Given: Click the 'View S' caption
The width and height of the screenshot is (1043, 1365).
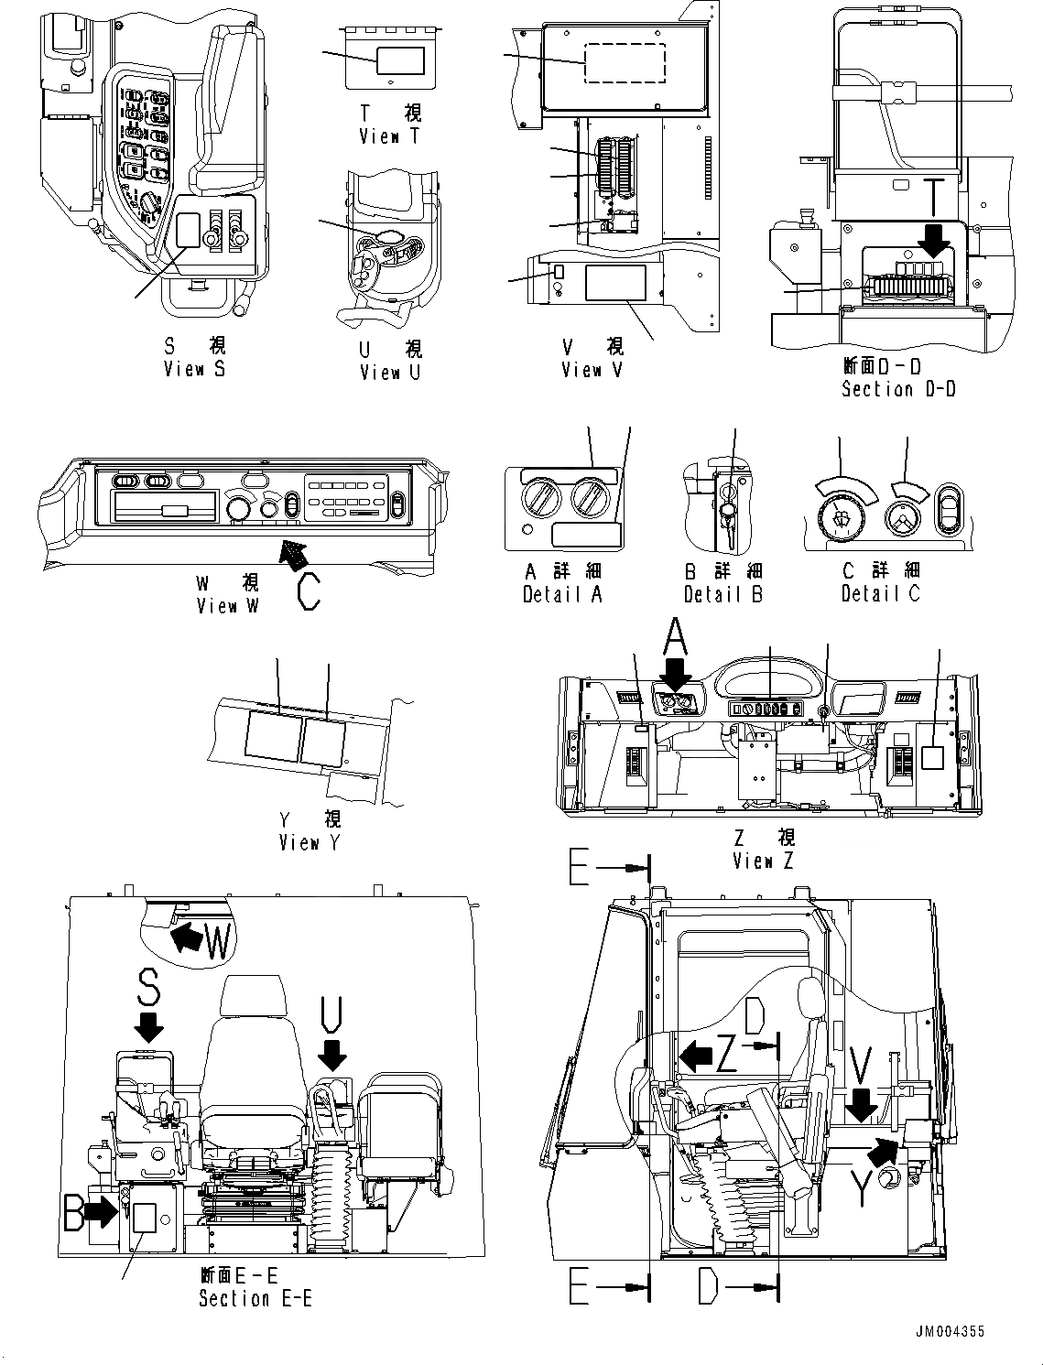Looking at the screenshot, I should [x=194, y=369].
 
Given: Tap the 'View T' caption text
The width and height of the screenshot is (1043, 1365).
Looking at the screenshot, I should [x=391, y=136].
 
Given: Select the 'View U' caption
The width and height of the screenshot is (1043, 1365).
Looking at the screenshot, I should [x=390, y=373].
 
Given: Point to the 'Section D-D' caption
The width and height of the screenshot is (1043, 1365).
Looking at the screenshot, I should [x=898, y=389].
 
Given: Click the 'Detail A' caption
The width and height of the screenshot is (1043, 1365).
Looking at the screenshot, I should [x=562, y=594].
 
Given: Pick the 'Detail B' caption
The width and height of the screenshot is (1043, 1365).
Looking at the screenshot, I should [x=723, y=594].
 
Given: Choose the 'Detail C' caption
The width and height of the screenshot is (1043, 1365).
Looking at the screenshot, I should [x=881, y=594].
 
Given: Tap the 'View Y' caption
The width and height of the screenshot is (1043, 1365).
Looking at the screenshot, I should [x=310, y=843].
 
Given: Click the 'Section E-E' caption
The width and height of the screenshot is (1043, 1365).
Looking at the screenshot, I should [x=255, y=1298].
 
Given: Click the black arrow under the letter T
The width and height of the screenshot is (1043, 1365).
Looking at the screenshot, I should [x=935, y=241].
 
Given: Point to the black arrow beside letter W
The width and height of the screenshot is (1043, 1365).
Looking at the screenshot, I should [x=187, y=937].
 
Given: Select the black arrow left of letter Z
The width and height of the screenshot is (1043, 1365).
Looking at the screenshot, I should [x=695, y=1056].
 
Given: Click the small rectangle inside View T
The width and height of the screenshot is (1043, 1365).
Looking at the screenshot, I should [x=400, y=60].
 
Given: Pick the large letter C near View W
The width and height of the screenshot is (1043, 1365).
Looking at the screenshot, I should [x=310, y=590].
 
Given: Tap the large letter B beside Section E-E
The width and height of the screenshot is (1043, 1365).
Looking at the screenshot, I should [x=76, y=1210].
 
